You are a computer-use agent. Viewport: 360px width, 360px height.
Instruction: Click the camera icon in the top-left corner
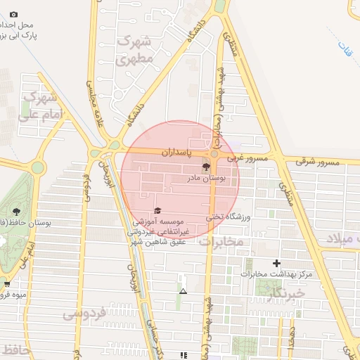tap(13, 14)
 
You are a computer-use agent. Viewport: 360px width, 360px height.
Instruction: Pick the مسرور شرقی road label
tap(316, 162)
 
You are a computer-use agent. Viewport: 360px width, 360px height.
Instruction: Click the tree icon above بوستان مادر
tap(206, 167)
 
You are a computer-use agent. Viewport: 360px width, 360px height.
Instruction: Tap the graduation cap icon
tap(157, 210)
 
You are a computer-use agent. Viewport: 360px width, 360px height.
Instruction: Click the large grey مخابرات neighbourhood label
tap(221, 242)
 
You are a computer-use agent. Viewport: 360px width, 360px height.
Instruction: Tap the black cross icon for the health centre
tap(276, 263)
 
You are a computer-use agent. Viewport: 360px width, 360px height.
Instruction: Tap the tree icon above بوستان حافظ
tap(15, 211)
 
